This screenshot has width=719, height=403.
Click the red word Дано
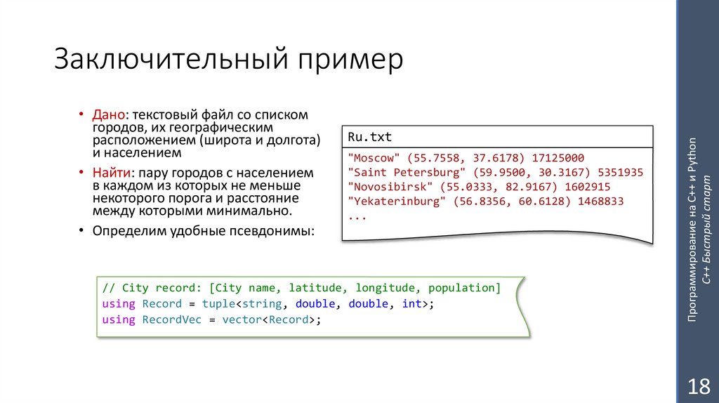click(109, 114)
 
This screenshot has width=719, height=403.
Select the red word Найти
click(112, 173)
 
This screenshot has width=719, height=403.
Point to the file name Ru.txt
click(370, 136)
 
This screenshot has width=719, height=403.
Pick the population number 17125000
click(558, 158)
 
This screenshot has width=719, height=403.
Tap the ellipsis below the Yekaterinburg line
click(357, 216)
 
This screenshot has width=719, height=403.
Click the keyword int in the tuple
click(412, 304)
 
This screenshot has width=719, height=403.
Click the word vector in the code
click(242, 319)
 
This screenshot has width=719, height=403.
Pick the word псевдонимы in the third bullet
click(271, 230)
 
